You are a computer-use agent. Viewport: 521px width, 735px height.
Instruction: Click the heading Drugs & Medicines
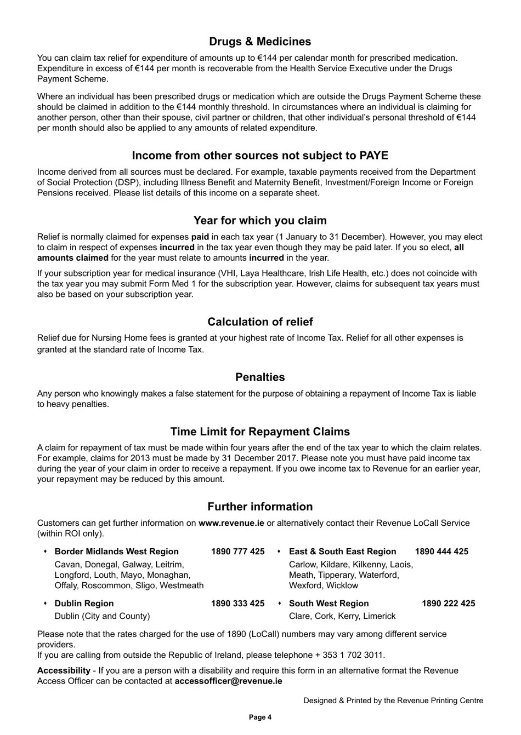click(x=260, y=42)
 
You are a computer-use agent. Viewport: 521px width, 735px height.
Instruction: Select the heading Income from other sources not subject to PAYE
click(x=260, y=156)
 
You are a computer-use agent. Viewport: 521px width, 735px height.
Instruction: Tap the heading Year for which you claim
click(x=260, y=221)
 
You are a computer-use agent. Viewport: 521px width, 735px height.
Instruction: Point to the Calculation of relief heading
click(x=260, y=322)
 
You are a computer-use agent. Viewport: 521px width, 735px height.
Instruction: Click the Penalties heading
click(x=260, y=377)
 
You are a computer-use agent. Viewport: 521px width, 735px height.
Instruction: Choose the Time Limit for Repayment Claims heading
click(x=260, y=432)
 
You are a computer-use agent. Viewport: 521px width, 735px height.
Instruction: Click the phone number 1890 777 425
click(x=237, y=552)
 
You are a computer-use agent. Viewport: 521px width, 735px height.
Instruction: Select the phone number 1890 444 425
click(x=441, y=552)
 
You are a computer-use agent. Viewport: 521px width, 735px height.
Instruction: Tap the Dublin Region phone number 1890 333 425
click(x=237, y=604)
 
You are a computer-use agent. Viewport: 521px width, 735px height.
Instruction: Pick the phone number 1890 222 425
click(x=448, y=604)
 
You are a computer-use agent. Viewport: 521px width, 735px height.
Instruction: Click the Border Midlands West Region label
click(x=116, y=552)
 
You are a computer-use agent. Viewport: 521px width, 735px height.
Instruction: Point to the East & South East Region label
click(x=342, y=552)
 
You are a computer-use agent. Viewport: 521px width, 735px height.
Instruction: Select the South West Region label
click(x=329, y=604)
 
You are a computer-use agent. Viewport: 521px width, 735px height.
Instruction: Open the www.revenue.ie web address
click(x=231, y=523)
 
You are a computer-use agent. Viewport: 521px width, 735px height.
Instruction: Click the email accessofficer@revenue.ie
click(x=228, y=681)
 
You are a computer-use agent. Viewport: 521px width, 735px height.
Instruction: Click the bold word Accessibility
click(x=64, y=671)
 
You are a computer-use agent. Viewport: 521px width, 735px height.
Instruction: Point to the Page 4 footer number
click(x=260, y=717)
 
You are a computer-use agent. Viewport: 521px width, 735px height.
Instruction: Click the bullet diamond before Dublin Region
click(x=45, y=604)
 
